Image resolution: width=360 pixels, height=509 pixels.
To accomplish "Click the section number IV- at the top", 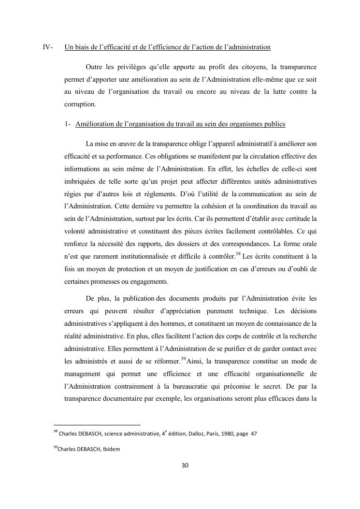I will [47, 47].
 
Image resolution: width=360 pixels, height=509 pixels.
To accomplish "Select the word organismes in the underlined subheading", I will [245, 124].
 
